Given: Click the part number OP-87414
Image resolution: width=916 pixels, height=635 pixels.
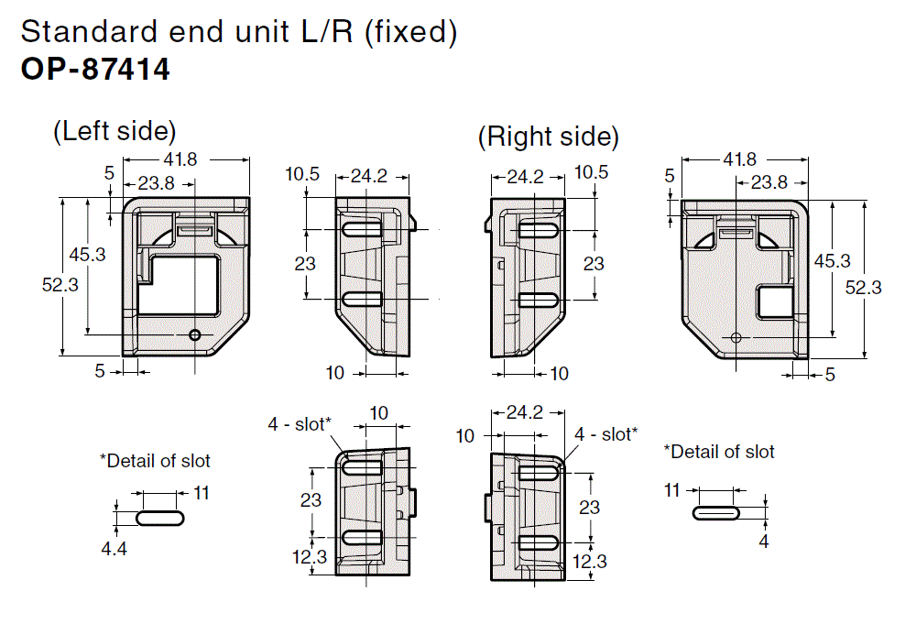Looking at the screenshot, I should click(x=95, y=70).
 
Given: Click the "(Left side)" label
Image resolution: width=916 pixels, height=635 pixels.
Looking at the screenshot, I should click(x=114, y=131).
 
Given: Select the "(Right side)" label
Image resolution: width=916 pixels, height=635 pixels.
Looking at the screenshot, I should click(x=548, y=137).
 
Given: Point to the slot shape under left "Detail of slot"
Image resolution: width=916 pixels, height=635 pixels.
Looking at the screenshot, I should click(x=160, y=518).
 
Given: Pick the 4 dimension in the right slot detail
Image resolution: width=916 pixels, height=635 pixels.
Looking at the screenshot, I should click(x=764, y=542).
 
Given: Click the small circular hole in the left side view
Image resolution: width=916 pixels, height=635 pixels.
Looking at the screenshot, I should click(x=194, y=335).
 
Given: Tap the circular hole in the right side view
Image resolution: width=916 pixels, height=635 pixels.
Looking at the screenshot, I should click(x=736, y=337).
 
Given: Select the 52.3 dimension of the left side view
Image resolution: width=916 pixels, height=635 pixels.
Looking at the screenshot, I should click(x=60, y=285).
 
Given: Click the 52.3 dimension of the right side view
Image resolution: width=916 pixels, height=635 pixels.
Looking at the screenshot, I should click(x=863, y=287).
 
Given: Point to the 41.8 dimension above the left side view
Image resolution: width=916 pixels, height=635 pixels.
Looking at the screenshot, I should click(x=180, y=159).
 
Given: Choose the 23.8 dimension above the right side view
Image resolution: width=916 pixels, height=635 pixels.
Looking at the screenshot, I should click(x=769, y=182).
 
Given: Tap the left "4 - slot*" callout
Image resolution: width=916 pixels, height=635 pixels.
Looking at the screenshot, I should click(x=299, y=423).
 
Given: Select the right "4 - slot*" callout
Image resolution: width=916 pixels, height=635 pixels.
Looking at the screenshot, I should click(x=606, y=433).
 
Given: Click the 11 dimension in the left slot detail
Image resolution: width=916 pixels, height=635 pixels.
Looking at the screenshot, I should click(x=202, y=493).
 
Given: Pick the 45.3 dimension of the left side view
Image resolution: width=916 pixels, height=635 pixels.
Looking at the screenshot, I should click(x=88, y=254).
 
